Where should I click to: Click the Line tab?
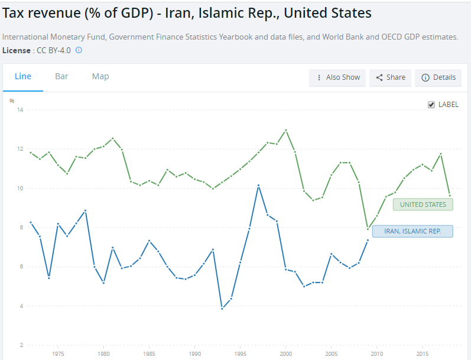(x=23, y=76)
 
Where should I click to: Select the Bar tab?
(x=61, y=76)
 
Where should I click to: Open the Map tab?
(x=100, y=76)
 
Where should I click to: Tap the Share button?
(x=391, y=77)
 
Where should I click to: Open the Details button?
(x=438, y=77)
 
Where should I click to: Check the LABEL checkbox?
(x=431, y=105)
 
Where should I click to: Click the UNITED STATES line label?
(x=423, y=205)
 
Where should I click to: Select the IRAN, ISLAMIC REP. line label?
(x=412, y=231)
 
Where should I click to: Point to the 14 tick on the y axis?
(x=20, y=110)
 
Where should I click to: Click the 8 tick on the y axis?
(x=21, y=228)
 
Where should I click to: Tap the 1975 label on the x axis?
(x=58, y=354)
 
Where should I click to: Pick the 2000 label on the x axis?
(x=286, y=354)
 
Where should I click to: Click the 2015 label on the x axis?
(x=423, y=354)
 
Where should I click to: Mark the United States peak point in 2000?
(x=286, y=130)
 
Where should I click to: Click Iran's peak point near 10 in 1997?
(x=258, y=186)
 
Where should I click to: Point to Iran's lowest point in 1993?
(x=222, y=309)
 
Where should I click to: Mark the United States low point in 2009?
(x=368, y=228)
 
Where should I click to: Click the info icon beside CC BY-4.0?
(x=79, y=50)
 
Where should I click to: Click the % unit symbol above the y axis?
(x=12, y=101)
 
